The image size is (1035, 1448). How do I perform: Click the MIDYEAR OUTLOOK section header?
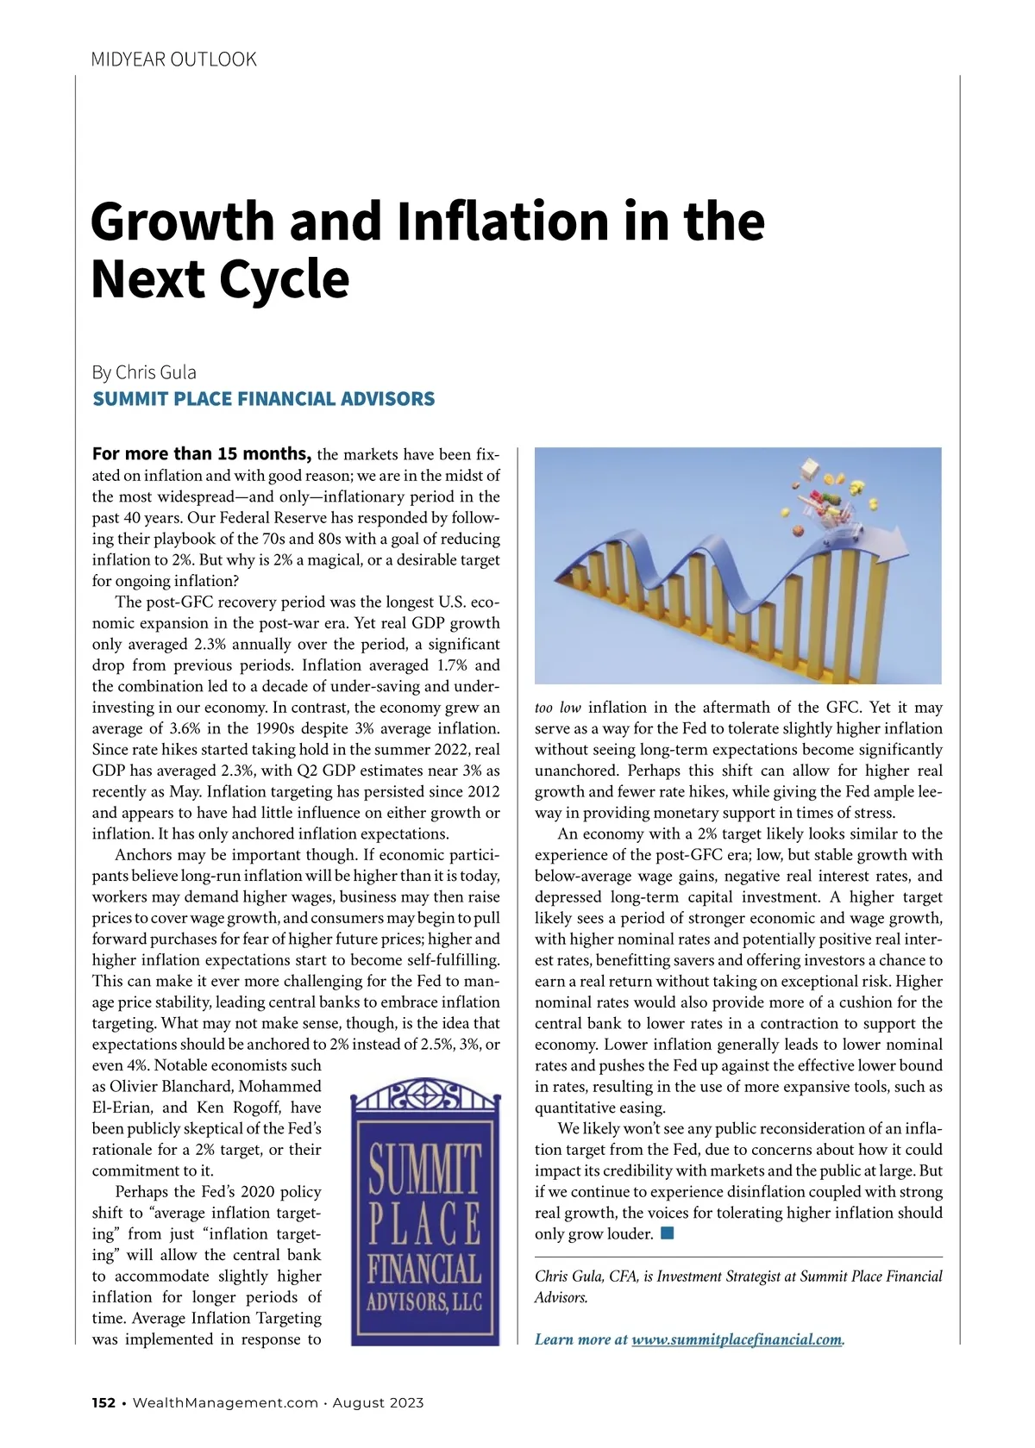173,59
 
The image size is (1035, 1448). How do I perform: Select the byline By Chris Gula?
144,372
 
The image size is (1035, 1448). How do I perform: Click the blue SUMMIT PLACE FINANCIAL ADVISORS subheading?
263,399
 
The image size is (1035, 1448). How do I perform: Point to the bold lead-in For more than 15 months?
201,454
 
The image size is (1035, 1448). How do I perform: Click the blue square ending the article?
667,1233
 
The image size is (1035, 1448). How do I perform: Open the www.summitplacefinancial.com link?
737,1339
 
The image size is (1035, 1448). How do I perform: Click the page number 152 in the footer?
103,1402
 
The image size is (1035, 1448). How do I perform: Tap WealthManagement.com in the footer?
225,1402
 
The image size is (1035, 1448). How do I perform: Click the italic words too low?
557,708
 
